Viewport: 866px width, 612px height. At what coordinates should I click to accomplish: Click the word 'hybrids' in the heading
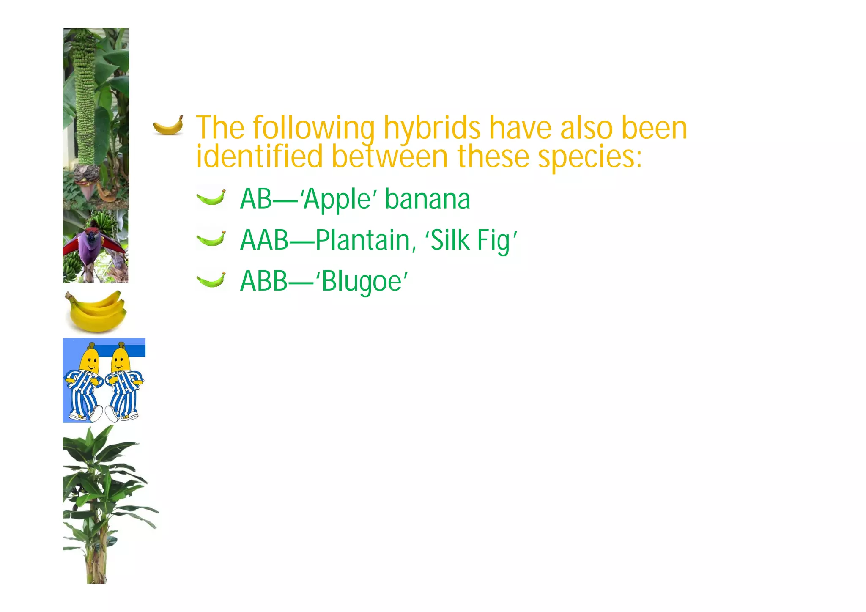[432, 129]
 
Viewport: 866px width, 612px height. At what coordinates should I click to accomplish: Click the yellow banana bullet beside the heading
[168, 125]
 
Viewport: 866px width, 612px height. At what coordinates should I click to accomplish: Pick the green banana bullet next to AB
[211, 198]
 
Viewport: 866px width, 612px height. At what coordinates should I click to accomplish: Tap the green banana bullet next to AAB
[211, 239]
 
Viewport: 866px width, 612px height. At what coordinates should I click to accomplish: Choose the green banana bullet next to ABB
[211, 280]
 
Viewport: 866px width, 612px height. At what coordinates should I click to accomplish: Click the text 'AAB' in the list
[264, 240]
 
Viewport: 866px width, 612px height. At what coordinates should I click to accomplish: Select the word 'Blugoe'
[362, 282]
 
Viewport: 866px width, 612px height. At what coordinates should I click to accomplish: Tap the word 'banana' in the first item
[428, 200]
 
